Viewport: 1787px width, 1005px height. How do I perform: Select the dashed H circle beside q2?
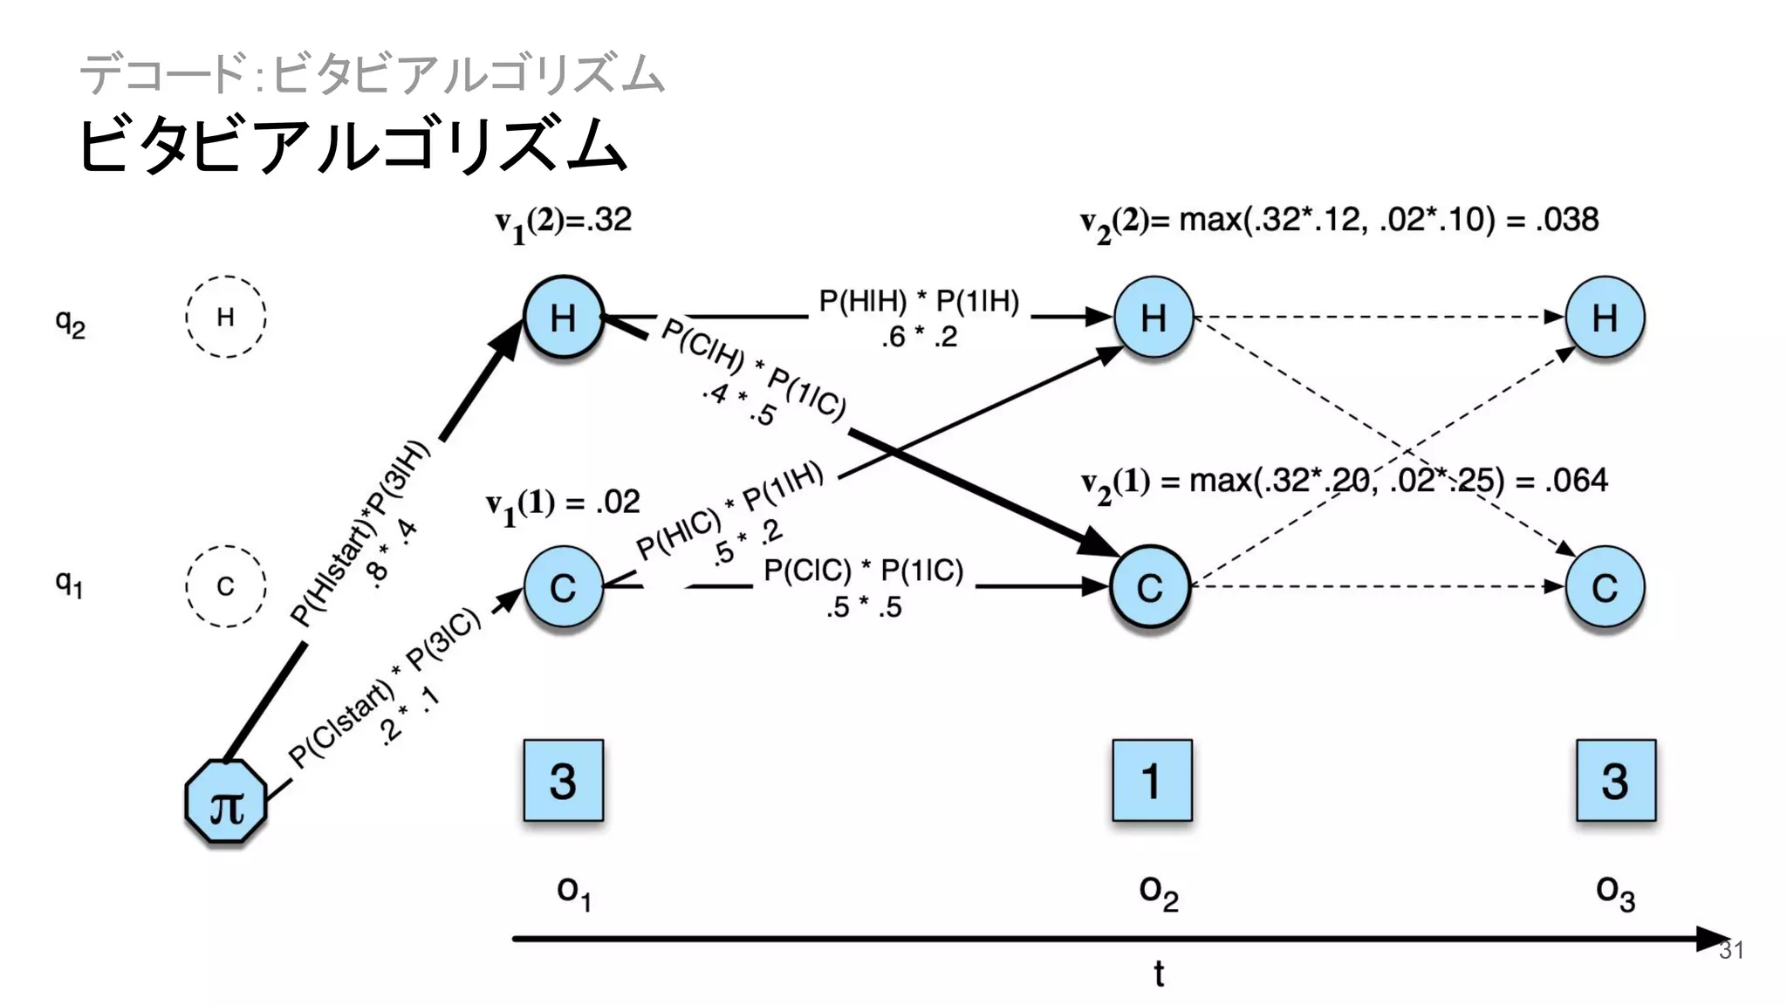225,317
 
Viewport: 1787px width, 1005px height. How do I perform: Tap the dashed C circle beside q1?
225,586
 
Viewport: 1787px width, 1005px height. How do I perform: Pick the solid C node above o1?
564,587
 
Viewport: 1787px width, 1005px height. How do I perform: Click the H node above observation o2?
1154,318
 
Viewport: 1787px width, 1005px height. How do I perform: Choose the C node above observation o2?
1150,587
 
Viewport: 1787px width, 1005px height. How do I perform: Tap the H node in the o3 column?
1605,318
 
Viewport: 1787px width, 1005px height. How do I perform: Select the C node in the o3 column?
1605,587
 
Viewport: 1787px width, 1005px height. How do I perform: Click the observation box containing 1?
1152,781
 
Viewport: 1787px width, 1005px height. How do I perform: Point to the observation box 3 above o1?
564,781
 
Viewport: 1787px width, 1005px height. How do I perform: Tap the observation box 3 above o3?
1615,781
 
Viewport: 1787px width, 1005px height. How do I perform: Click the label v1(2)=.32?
564,222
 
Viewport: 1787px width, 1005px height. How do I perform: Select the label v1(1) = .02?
564,503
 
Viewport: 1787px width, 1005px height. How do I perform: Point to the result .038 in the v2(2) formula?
1569,220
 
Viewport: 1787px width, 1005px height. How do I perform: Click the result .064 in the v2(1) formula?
1576,481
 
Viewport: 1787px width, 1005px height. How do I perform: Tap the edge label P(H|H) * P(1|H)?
919,302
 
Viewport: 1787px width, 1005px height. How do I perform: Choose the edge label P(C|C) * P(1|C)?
863,571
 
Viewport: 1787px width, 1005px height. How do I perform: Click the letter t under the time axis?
1159,974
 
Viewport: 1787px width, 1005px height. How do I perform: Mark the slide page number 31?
1731,951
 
